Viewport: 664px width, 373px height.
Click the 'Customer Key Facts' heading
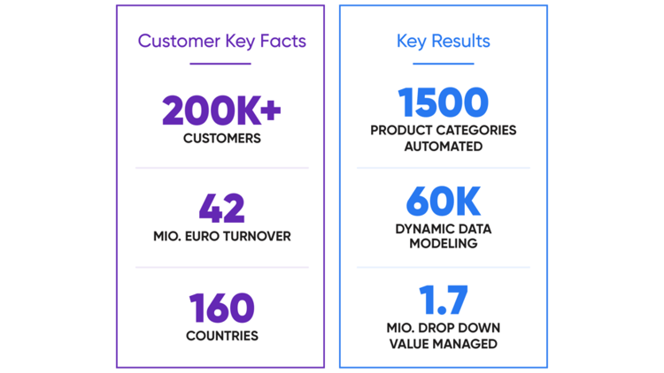(220, 41)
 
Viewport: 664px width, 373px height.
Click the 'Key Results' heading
(443, 41)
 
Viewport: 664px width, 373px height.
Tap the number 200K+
(221, 110)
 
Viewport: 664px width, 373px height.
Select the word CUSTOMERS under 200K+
(221, 138)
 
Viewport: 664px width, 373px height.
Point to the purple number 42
(221, 209)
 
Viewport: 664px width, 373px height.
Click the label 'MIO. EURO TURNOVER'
(221, 236)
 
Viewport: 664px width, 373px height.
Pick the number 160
(221, 308)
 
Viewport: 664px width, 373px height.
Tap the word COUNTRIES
(221, 336)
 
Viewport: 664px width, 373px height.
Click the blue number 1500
(443, 103)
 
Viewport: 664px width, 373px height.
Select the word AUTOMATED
(443, 146)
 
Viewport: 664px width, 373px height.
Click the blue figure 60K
(443, 202)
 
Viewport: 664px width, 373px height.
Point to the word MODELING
(443, 245)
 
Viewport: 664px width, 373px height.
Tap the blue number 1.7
(443, 301)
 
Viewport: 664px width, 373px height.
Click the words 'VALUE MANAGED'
(443, 343)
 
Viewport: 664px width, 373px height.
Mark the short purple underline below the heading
(220, 64)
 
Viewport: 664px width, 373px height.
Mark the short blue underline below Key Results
(443, 64)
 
